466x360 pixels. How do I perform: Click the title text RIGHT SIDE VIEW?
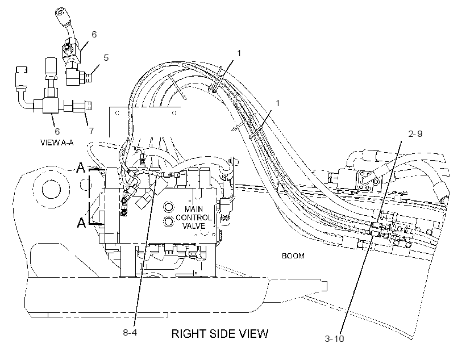click(x=219, y=333)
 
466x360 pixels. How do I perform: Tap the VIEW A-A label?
click(x=57, y=143)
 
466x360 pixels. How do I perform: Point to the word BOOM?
click(x=293, y=256)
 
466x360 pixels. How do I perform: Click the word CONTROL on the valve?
click(x=194, y=217)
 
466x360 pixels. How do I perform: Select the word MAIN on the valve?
click(x=194, y=209)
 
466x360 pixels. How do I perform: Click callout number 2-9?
click(x=415, y=134)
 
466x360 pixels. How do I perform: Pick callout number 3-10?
click(x=334, y=338)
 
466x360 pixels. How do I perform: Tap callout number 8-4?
click(x=130, y=332)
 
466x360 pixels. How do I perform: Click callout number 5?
click(x=106, y=57)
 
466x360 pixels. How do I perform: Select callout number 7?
click(x=91, y=131)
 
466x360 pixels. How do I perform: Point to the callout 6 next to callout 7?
click(x=57, y=131)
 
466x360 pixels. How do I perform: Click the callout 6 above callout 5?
click(x=94, y=35)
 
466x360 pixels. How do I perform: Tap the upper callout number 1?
click(x=239, y=53)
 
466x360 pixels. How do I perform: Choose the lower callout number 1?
click(x=277, y=103)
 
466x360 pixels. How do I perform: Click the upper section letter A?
click(x=81, y=168)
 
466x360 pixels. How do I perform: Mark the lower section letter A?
click(x=81, y=222)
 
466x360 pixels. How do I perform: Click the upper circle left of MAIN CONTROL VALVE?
click(x=169, y=207)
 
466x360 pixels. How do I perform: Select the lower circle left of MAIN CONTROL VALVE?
click(x=169, y=221)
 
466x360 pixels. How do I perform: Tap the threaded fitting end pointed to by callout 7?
click(x=88, y=106)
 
